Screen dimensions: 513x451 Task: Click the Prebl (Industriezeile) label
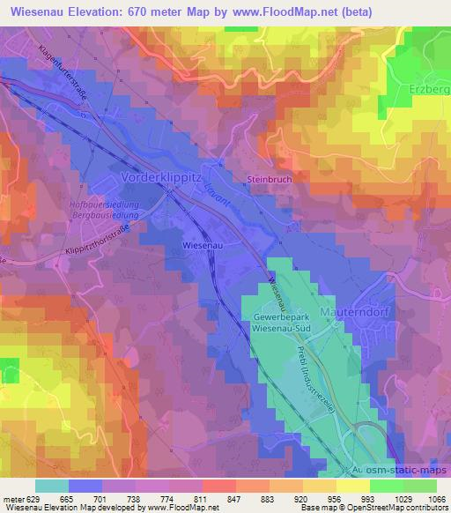325,379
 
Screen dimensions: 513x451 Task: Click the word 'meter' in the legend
12,499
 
